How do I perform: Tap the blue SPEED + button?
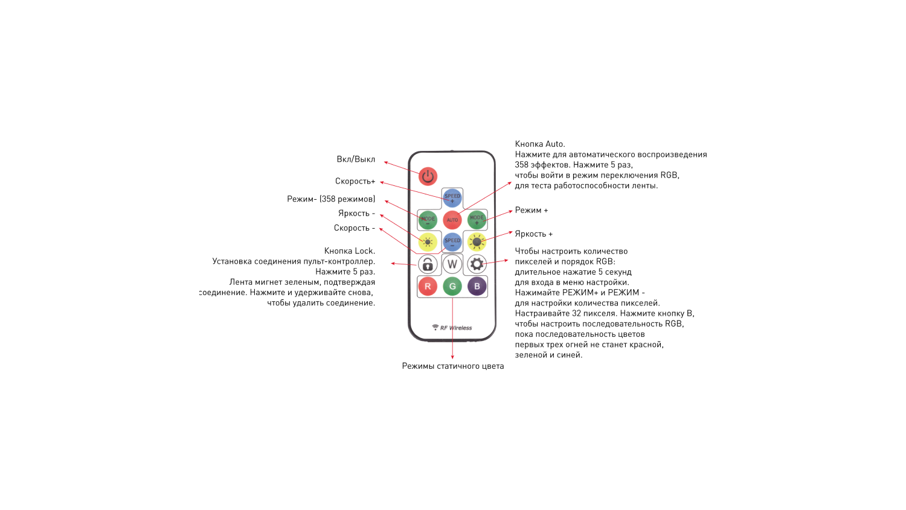452,197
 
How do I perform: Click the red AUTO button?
452,220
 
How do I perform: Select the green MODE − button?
428,220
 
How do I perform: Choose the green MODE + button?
477,220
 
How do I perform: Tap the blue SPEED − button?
452,242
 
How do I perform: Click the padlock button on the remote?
428,264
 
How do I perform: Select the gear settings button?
477,264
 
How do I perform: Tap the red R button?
428,287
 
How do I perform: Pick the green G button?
452,287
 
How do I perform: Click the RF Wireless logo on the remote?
452,328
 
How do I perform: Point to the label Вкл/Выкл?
356,159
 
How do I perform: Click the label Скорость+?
355,181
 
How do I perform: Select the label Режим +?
532,210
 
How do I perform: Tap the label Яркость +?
533,234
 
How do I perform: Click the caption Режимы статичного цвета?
453,366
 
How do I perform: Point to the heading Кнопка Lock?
350,250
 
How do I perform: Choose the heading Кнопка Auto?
540,144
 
